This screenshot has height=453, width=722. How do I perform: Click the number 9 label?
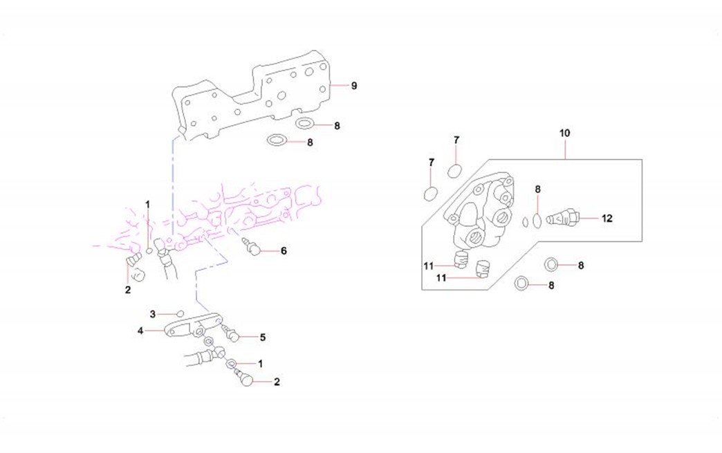click(353, 86)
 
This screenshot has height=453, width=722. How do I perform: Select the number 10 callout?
click(564, 132)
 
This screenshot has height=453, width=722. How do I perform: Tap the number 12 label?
click(607, 219)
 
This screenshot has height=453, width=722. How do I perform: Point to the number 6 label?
click(284, 251)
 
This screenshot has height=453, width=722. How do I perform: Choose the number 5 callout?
click(263, 338)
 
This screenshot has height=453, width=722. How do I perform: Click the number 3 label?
click(153, 314)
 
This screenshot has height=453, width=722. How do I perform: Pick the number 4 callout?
click(140, 331)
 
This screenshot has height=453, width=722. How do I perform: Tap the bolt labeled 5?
click(232, 335)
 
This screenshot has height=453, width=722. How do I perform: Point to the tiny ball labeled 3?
click(180, 314)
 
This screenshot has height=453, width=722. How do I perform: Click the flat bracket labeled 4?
click(190, 326)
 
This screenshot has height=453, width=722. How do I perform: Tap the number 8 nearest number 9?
click(337, 126)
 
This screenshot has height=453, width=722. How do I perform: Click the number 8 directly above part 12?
click(537, 189)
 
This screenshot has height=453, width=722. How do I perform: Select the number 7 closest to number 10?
click(456, 140)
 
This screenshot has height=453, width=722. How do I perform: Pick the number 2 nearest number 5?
click(277, 382)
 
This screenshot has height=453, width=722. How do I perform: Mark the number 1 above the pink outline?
click(147, 204)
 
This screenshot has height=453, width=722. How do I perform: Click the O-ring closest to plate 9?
click(305, 124)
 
